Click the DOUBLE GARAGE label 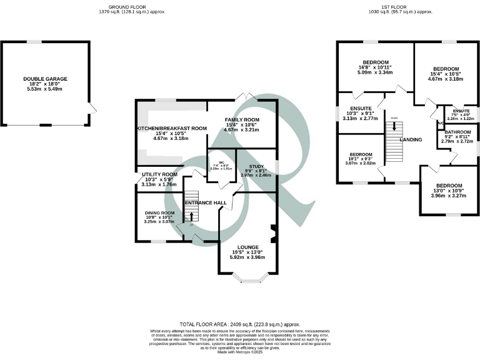(45, 79)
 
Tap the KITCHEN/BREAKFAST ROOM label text (171, 128)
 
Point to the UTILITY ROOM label (160, 174)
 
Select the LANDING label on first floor (410, 139)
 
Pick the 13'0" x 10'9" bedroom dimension (449, 192)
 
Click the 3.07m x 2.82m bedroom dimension (361, 162)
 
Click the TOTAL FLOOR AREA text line (240, 324)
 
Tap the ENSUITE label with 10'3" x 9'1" (361, 108)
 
